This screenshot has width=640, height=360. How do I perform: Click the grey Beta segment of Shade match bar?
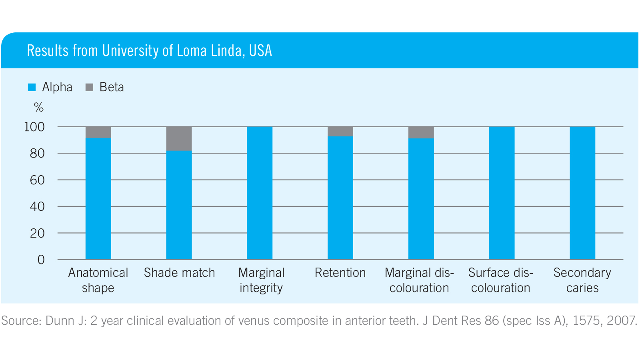pyautogui.click(x=179, y=138)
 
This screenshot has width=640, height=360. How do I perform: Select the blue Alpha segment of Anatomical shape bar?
pyautogui.click(x=98, y=198)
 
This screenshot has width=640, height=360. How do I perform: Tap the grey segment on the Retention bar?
pyautogui.click(x=340, y=132)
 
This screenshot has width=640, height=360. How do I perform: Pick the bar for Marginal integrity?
pyautogui.click(x=260, y=193)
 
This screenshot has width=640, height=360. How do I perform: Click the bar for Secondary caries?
pyautogui.click(x=582, y=193)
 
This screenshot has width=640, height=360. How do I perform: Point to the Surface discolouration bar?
pyautogui.click(x=502, y=193)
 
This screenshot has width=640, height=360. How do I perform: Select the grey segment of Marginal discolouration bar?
pyautogui.click(x=421, y=132)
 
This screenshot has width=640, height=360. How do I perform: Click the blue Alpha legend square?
pyautogui.click(x=32, y=87)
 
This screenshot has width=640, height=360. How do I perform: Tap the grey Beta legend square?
pyautogui.click(x=89, y=87)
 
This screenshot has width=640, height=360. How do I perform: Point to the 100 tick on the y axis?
pyautogui.click(x=34, y=127)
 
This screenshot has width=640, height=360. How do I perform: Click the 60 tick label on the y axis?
pyautogui.click(x=37, y=180)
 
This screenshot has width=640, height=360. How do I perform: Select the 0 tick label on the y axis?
pyautogui.click(x=41, y=260)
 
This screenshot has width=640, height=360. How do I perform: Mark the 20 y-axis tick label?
pyautogui.click(x=37, y=233)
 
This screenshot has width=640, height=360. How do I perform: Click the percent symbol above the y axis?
pyautogui.click(x=39, y=107)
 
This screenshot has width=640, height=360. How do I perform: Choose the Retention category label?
pyautogui.click(x=340, y=273)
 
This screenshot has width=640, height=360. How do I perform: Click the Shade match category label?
pyautogui.click(x=179, y=273)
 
